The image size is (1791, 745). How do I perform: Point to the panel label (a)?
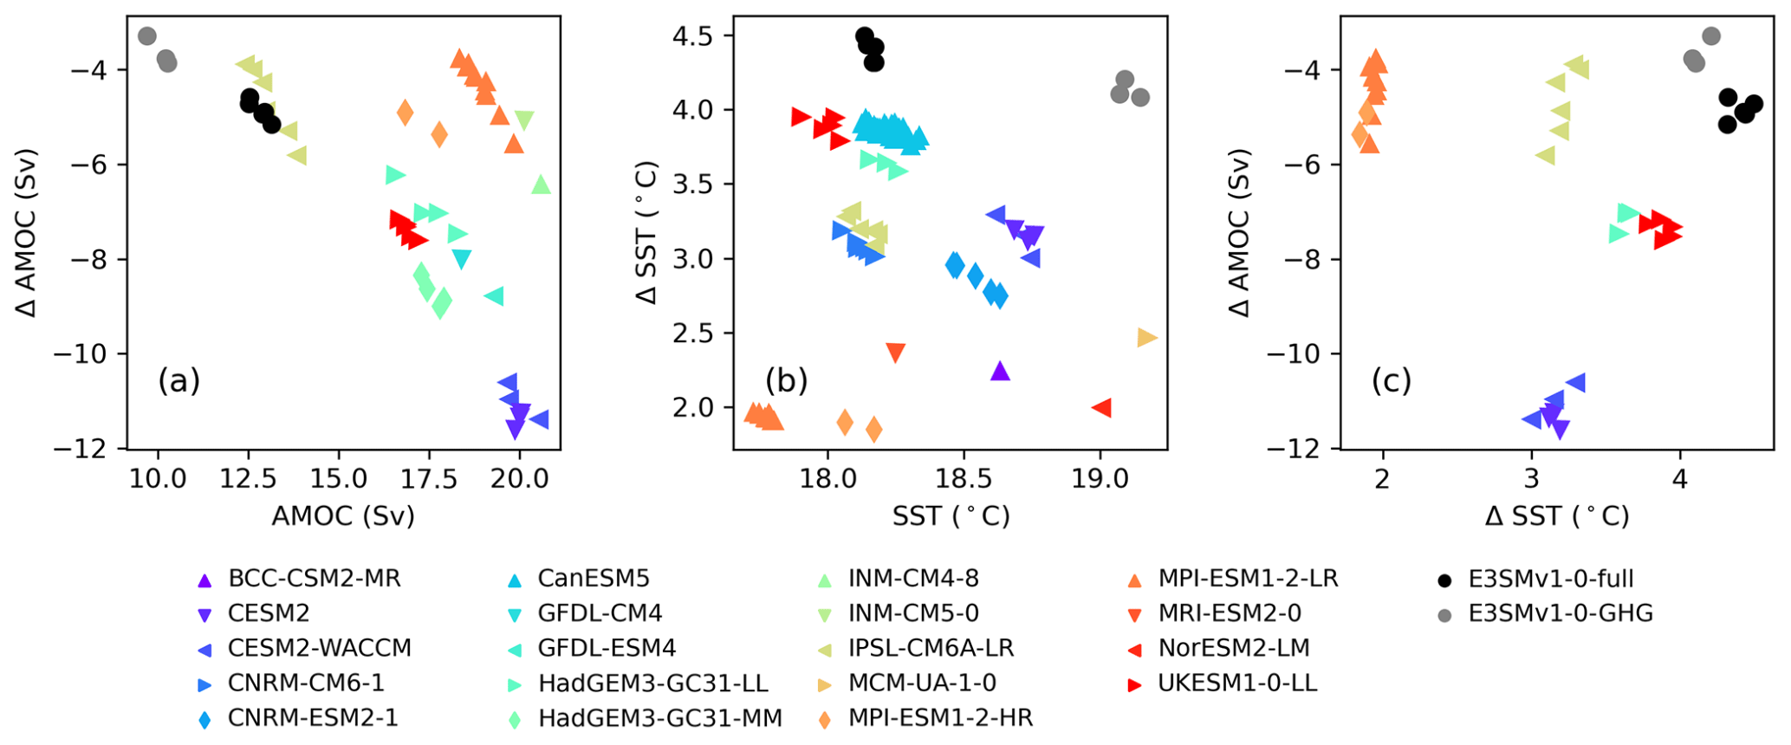[x=178, y=380]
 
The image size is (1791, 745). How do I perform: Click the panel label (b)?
[x=786, y=380]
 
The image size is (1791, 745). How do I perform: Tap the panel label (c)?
[x=1391, y=380]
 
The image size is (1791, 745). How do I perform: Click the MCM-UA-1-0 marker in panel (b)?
[x=1146, y=338]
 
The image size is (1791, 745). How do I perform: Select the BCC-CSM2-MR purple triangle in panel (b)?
[x=1000, y=371]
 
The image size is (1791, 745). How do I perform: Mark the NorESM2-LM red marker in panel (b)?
[x=1101, y=407]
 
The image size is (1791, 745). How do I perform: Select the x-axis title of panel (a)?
[x=343, y=516]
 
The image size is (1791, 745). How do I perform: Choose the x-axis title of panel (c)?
[x=1556, y=516]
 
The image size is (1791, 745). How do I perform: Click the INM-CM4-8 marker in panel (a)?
[x=541, y=185]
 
